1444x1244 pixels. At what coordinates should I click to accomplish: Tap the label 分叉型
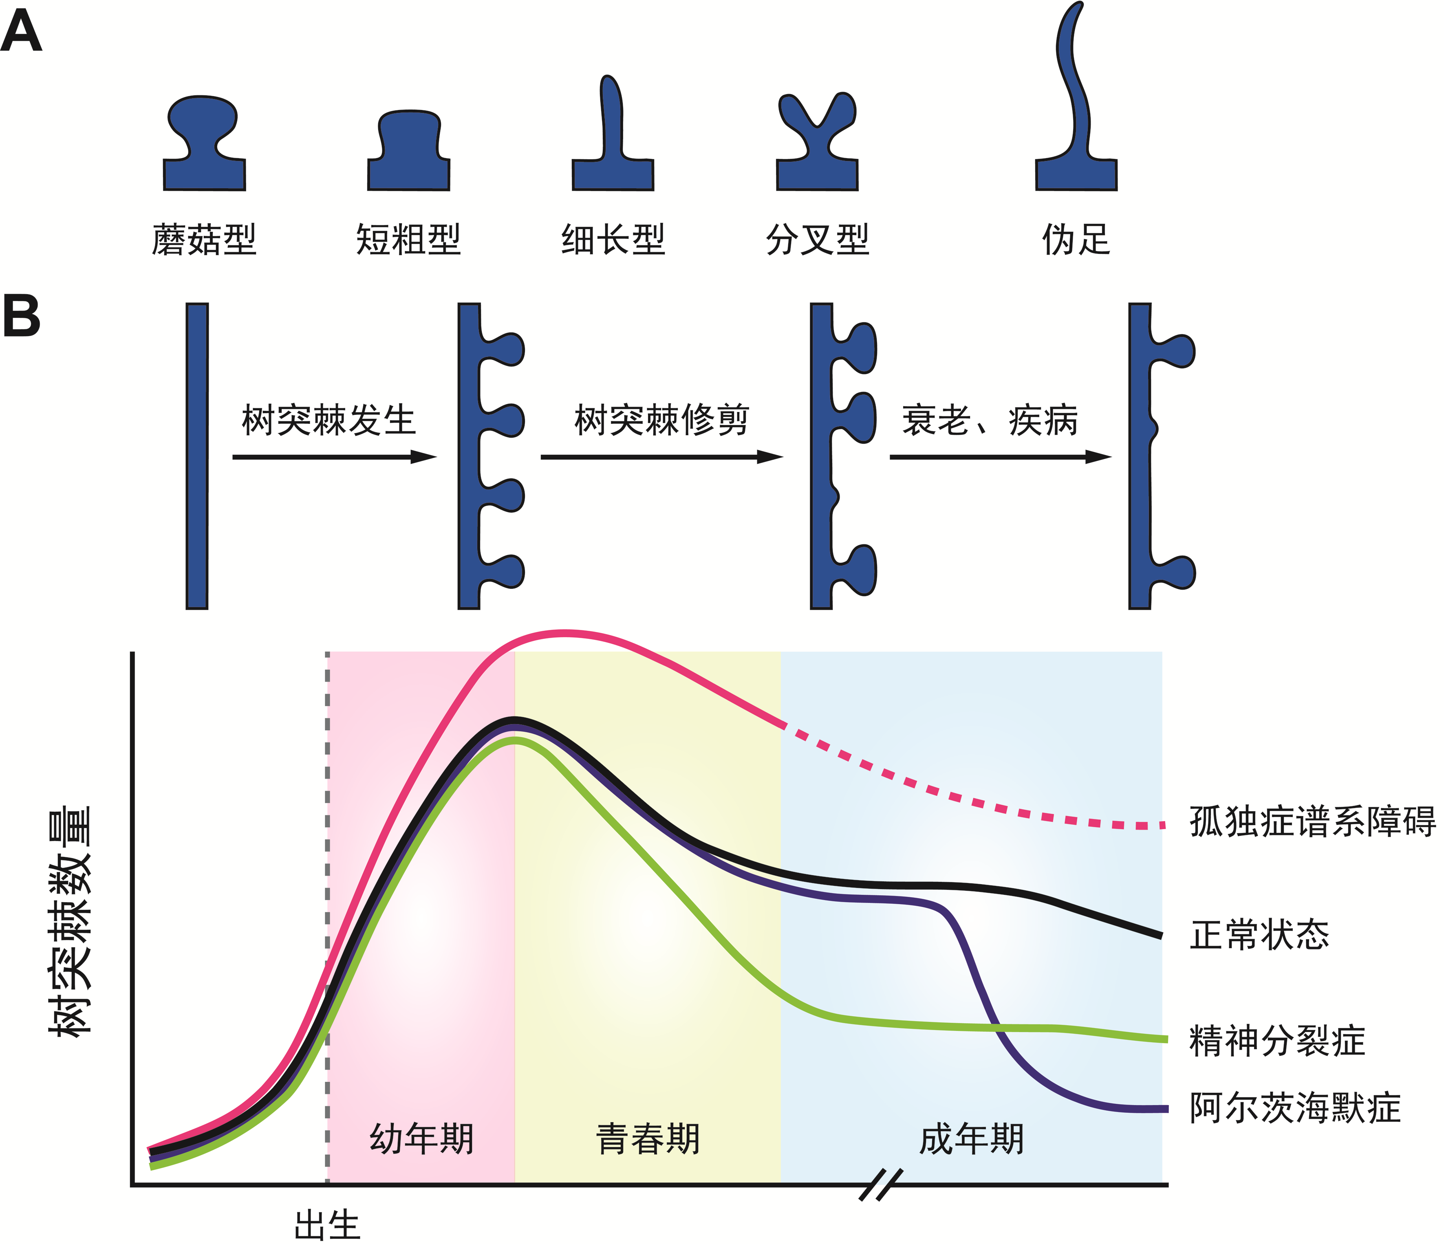coord(818,240)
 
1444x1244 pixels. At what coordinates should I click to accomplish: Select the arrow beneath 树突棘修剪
coord(661,457)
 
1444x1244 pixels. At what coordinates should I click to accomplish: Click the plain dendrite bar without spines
coord(197,456)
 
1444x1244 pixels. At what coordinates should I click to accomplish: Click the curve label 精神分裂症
coord(1277,1041)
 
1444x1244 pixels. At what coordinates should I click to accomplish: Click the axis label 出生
coord(327,1225)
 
